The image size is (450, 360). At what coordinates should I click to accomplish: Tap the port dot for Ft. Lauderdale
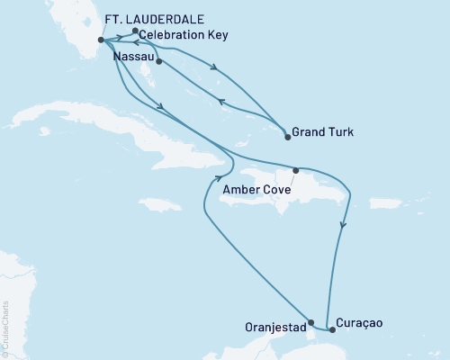[100, 40]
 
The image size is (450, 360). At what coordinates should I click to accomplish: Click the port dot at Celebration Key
[134, 31]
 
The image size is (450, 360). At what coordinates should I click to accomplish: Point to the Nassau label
[133, 56]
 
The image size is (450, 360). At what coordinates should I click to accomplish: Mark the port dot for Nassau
[158, 61]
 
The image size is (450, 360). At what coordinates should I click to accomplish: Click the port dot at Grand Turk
[287, 137]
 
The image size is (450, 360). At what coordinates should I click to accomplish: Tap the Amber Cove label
[256, 189]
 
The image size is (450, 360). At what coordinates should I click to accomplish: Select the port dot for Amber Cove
[295, 170]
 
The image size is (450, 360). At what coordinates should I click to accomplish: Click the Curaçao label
[363, 322]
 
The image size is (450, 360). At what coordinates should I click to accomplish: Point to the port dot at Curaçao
[332, 329]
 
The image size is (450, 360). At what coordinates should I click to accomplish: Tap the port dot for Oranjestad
[310, 322]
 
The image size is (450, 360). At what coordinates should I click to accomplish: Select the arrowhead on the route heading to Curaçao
[342, 227]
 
